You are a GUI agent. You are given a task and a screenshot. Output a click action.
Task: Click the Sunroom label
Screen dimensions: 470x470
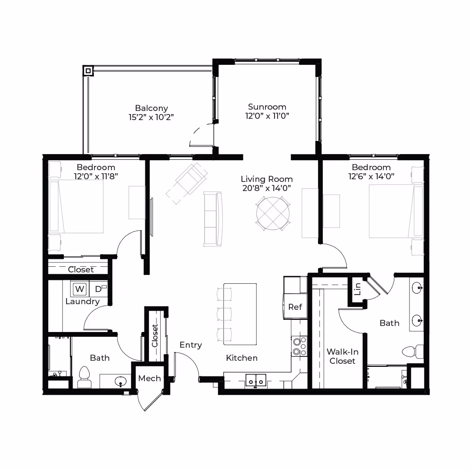point(267,107)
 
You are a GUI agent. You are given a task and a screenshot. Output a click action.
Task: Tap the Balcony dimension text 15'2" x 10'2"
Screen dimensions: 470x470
point(151,117)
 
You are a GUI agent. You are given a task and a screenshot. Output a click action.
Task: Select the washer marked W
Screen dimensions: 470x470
point(80,289)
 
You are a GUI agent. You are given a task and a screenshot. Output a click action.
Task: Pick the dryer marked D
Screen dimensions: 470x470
point(99,289)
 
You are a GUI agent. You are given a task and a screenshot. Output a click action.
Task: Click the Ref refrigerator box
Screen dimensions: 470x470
point(295,307)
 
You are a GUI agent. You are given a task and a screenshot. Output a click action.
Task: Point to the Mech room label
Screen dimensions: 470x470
point(149,378)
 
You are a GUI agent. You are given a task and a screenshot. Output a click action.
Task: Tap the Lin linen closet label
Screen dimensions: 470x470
point(357,289)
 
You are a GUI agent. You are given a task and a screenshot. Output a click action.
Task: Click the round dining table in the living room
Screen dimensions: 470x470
point(273,213)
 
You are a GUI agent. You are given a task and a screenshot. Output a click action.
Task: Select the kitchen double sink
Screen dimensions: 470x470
point(256,381)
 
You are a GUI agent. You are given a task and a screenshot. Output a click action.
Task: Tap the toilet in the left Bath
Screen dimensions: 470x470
point(84,377)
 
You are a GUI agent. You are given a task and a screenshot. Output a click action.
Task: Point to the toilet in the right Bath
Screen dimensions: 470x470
point(413,351)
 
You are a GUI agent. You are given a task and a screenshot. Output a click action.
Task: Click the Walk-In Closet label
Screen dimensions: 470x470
point(342,356)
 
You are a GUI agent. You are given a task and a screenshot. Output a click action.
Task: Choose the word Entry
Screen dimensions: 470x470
point(191,345)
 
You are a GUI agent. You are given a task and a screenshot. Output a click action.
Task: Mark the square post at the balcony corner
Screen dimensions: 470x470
point(88,71)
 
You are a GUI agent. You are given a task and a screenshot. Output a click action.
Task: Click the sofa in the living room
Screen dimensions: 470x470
point(213,219)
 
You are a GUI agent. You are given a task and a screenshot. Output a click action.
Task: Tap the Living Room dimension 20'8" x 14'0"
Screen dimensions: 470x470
point(267,188)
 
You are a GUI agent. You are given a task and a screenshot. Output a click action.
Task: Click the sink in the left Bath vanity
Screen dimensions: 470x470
point(121,381)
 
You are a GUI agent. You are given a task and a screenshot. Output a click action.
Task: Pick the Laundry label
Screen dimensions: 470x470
point(82,302)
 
